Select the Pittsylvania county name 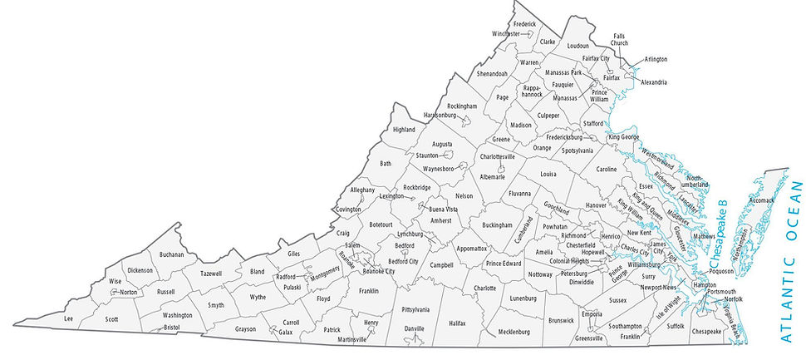(x=415, y=309)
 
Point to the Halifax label (x=457, y=323)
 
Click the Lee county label (x=69, y=318)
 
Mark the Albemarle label (x=492, y=177)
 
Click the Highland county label (x=404, y=130)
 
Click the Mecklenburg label (x=514, y=332)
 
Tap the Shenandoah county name (x=492, y=73)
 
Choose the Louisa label (x=548, y=175)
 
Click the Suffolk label (x=675, y=326)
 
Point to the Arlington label (x=656, y=59)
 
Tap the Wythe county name (x=258, y=297)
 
